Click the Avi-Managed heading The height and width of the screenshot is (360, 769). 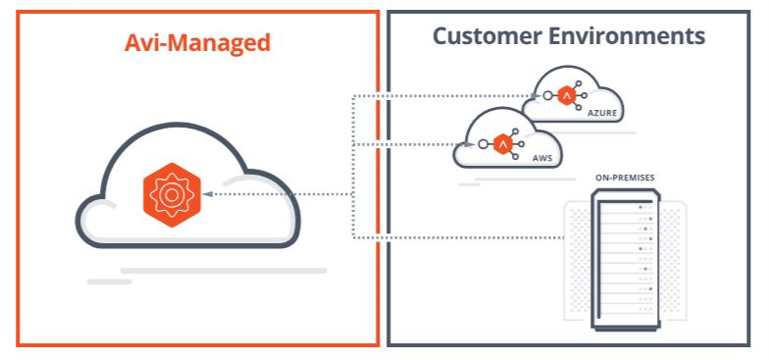click(x=197, y=43)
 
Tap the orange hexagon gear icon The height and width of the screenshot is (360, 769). click(x=171, y=194)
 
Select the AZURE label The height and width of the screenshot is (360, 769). click(x=603, y=114)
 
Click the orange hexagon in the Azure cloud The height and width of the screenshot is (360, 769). click(x=566, y=96)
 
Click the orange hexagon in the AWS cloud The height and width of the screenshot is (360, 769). click(x=503, y=144)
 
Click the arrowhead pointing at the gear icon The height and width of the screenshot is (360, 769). click(x=209, y=194)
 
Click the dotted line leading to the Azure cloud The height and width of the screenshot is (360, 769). click(x=441, y=96)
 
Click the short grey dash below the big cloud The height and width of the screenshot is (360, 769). click(x=109, y=282)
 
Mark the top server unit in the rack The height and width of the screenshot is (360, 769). click(x=624, y=207)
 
